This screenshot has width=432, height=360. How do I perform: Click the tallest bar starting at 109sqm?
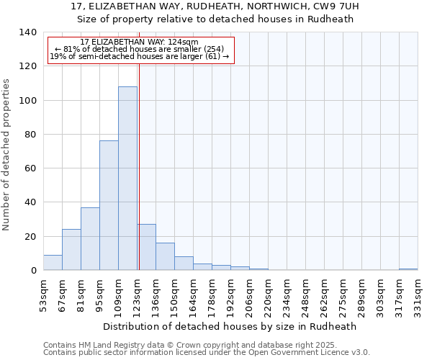(x=127, y=179)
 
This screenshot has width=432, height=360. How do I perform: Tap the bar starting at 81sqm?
(x=90, y=239)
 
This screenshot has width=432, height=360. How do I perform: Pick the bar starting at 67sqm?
(x=71, y=250)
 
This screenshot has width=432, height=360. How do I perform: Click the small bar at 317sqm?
(x=408, y=269)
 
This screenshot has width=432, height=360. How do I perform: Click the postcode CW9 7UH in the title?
(x=334, y=6)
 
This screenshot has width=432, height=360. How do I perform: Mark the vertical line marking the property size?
(x=139, y=166)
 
